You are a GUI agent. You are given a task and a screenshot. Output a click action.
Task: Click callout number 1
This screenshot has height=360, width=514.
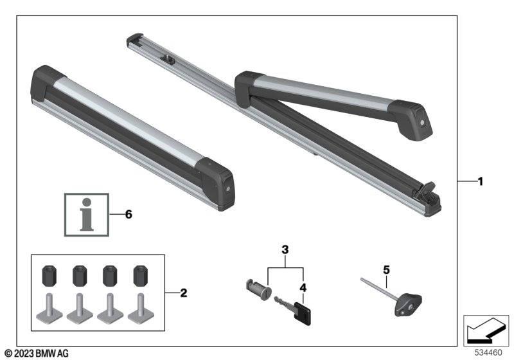tap(479, 182)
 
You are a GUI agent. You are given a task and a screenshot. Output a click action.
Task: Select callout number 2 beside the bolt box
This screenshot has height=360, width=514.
tap(183, 294)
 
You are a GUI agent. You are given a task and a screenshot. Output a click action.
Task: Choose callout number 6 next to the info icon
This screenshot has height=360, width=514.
tap(128, 215)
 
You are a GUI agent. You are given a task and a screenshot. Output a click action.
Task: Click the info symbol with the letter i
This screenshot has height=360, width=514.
tap(86, 215)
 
